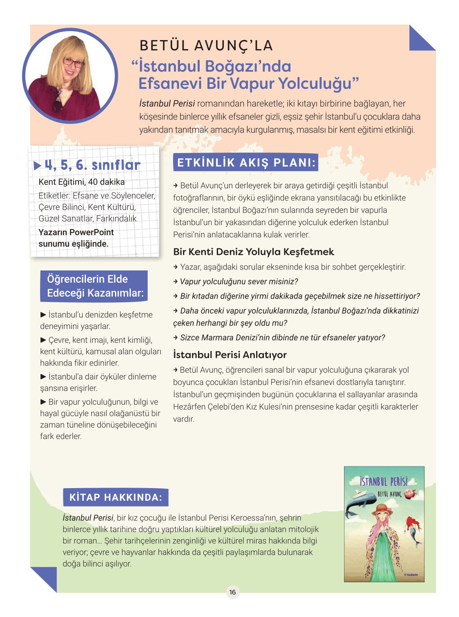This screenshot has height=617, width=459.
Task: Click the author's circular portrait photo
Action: (70, 76)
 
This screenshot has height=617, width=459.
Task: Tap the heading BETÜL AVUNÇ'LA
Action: (206, 45)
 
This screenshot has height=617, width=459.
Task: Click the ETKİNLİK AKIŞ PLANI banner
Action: (246, 163)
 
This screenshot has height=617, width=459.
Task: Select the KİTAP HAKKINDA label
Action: (116, 498)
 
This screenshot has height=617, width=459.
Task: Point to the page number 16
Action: (232, 592)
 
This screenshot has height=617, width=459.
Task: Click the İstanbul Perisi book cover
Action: (384, 524)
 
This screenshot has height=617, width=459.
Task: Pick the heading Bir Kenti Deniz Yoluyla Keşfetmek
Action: (254, 252)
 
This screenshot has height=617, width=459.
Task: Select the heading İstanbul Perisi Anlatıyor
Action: (230, 355)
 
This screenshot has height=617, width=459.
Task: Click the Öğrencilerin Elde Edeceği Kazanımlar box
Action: (94, 286)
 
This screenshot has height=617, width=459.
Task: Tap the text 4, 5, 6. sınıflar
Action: (92, 165)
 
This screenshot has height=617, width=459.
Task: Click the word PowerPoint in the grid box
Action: (94, 232)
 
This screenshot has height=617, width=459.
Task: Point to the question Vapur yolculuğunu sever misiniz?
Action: (239, 281)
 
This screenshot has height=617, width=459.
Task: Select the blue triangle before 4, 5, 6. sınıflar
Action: (38, 166)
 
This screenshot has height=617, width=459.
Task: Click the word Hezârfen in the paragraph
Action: (190, 407)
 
